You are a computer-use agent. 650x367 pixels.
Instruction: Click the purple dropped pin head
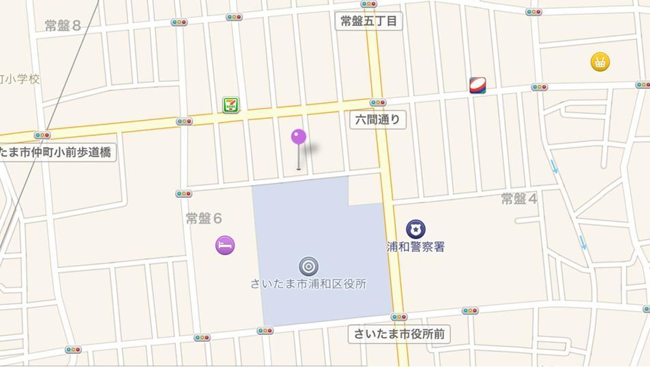tap(299, 137)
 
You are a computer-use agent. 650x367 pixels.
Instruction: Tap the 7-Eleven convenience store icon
tap(231, 104)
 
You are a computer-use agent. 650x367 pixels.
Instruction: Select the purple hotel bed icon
tap(225, 245)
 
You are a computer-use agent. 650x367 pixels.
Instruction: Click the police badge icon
tap(415, 229)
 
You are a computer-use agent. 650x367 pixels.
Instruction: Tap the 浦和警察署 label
tap(416, 247)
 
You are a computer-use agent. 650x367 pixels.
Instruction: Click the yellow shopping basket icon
tap(600, 63)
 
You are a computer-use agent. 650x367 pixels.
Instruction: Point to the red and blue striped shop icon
tap(477, 85)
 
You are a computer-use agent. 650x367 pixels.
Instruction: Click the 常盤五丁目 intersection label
tap(369, 21)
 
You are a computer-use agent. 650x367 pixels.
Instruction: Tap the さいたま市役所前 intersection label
tap(400, 334)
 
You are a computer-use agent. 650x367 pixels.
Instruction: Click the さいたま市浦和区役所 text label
tap(308, 284)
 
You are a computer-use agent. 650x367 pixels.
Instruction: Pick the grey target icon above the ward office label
tap(308, 266)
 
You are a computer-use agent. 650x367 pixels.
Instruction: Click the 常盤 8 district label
tap(63, 26)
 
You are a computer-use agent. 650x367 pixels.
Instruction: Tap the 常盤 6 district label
tap(204, 218)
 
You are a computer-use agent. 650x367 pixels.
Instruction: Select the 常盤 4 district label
tap(520, 199)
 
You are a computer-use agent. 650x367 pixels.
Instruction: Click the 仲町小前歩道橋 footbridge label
tap(57, 151)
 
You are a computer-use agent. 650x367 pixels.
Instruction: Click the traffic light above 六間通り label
tap(378, 102)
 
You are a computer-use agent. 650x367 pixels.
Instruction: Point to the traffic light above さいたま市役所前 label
tap(399, 317)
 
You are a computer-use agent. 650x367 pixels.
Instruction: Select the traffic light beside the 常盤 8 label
tap(179, 23)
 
